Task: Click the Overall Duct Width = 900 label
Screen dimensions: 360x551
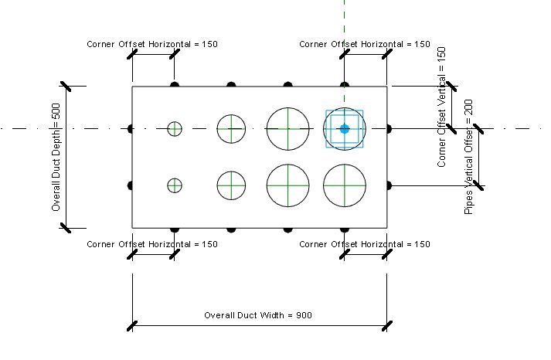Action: click(x=258, y=315)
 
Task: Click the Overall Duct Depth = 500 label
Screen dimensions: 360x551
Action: click(x=56, y=158)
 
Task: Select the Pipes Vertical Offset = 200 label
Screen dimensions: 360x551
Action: click(x=469, y=157)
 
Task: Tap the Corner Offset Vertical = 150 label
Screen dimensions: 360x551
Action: click(x=442, y=107)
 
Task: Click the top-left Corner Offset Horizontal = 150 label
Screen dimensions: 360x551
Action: click(x=152, y=44)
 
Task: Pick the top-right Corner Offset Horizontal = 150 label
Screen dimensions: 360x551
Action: click(x=365, y=44)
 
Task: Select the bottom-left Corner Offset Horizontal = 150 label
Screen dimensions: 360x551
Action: click(x=152, y=244)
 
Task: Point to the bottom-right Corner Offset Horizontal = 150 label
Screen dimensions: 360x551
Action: click(x=365, y=244)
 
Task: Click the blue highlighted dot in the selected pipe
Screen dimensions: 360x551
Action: click(x=345, y=128)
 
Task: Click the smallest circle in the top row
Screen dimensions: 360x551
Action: click(x=175, y=129)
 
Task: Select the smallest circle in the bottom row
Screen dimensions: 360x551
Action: click(x=175, y=185)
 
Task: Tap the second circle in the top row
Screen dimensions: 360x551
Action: click(x=231, y=129)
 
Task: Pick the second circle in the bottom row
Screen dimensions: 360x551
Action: click(x=231, y=185)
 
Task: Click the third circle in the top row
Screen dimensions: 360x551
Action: click(x=288, y=128)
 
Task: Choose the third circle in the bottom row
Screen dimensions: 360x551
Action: click(x=288, y=185)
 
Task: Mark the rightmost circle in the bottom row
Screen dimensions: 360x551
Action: click(x=345, y=185)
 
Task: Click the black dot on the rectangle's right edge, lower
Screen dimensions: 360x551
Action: click(x=388, y=185)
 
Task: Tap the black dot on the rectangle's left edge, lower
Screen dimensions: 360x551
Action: click(x=131, y=185)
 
